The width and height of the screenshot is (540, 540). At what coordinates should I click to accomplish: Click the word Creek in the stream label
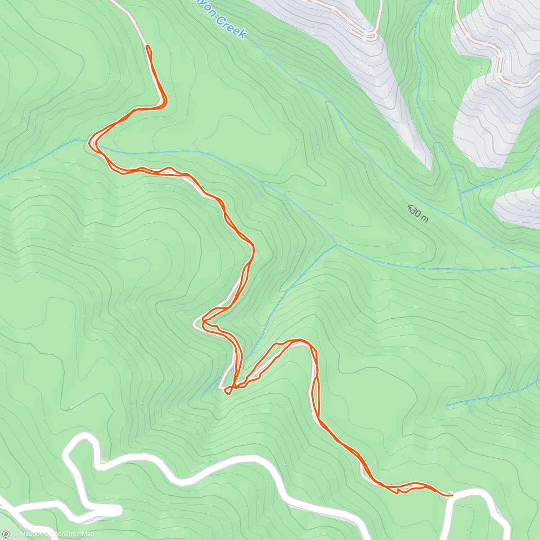pyautogui.click(x=231, y=27)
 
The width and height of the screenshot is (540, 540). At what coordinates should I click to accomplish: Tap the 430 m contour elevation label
pyautogui.click(x=418, y=212)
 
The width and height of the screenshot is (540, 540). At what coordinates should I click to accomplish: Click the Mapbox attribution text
pyautogui.click(x=28, y=534)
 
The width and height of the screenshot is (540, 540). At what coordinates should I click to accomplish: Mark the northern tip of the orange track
pyautogui.click(x=148, y=46)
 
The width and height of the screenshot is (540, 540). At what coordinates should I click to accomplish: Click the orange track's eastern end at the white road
pyautogui.click(x=451, y=495)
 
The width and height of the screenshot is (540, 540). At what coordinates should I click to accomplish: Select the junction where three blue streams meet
pyautogui.click(x=336, y=245)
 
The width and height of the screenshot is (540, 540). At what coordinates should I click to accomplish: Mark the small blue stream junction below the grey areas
pyautogui.click(x=461, y=193)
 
